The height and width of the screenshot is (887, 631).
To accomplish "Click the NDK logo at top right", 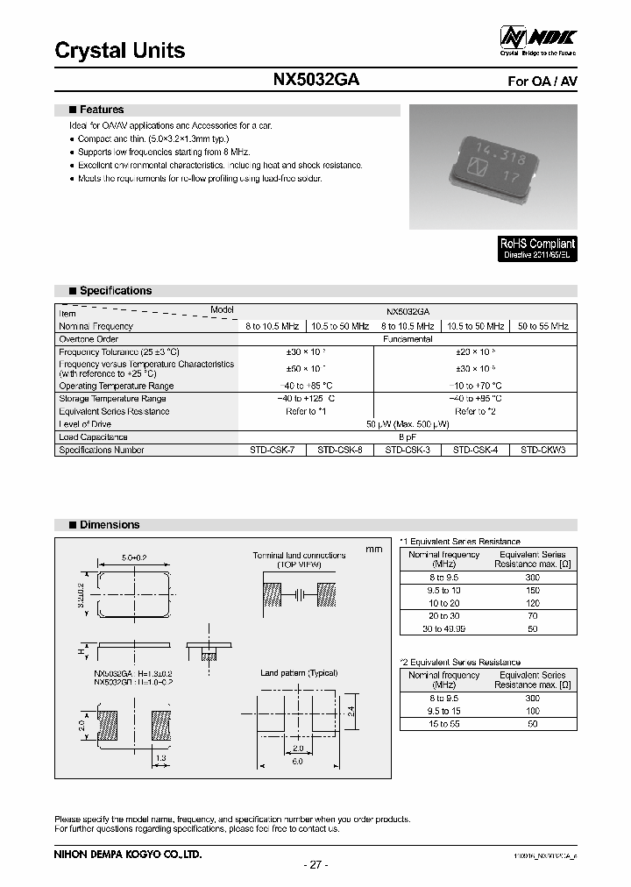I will coord(537,39).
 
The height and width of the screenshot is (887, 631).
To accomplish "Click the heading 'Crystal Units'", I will coord(120,51).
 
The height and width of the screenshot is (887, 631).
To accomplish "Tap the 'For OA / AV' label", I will coord(542,82).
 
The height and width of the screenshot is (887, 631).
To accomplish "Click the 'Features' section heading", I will coord(102,110).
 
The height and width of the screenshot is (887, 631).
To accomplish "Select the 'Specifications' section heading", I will coord(115,291).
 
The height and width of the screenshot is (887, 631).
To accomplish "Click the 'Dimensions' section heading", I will coord(109,525).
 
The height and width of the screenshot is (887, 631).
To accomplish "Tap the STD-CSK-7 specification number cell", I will coord(272,451).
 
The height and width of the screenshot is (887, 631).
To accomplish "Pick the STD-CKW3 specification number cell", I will coord(543,451).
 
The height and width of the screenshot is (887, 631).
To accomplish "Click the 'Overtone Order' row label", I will coord(89,338).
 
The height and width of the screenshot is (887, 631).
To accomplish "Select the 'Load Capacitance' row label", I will coord(93,437).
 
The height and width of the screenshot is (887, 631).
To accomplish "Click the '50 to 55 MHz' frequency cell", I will coord(543,326).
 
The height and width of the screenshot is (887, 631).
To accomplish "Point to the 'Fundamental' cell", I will coord(408,338).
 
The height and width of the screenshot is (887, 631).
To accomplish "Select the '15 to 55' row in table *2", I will coord(444,725).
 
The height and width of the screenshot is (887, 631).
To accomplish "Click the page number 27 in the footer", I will coord(315,865).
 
